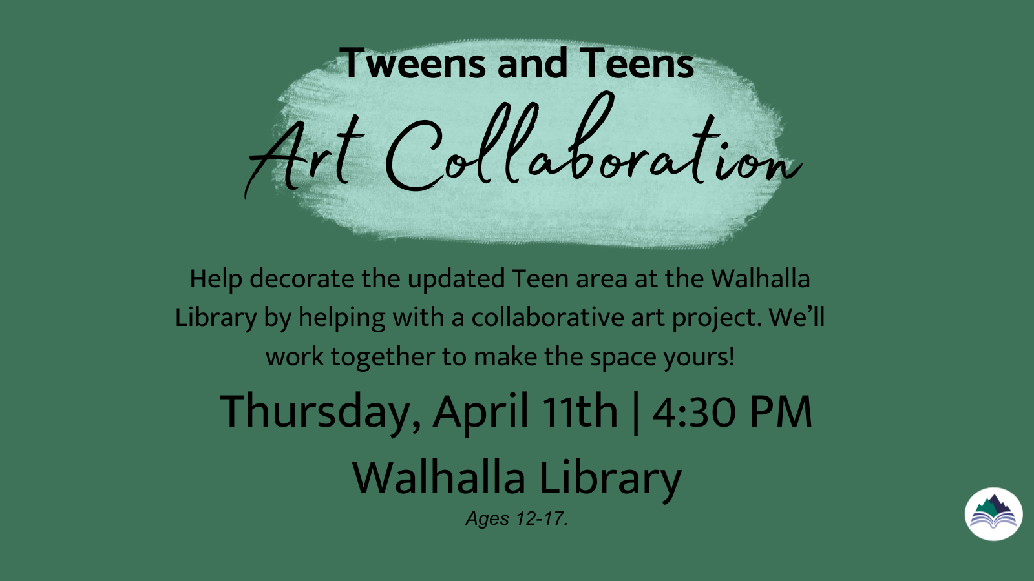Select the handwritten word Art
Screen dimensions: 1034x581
coord(304,154)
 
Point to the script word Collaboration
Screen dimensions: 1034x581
coord(593,143)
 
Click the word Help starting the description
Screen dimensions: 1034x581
coord(216,279)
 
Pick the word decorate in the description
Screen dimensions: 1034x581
coord(302,279)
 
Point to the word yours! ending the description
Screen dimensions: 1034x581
coord(699,358)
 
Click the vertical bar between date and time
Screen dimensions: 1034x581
coord(636,413)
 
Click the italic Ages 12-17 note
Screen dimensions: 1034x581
coord(516,519)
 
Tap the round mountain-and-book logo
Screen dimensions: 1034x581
coord(993,514)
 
